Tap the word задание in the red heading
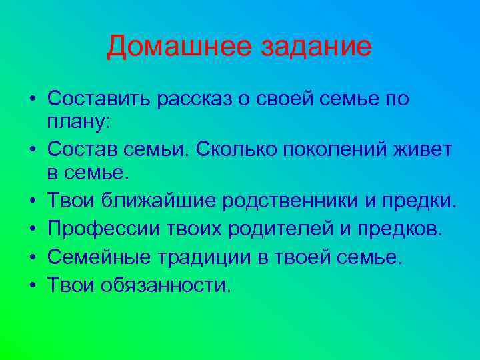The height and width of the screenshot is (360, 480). (315, 47)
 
